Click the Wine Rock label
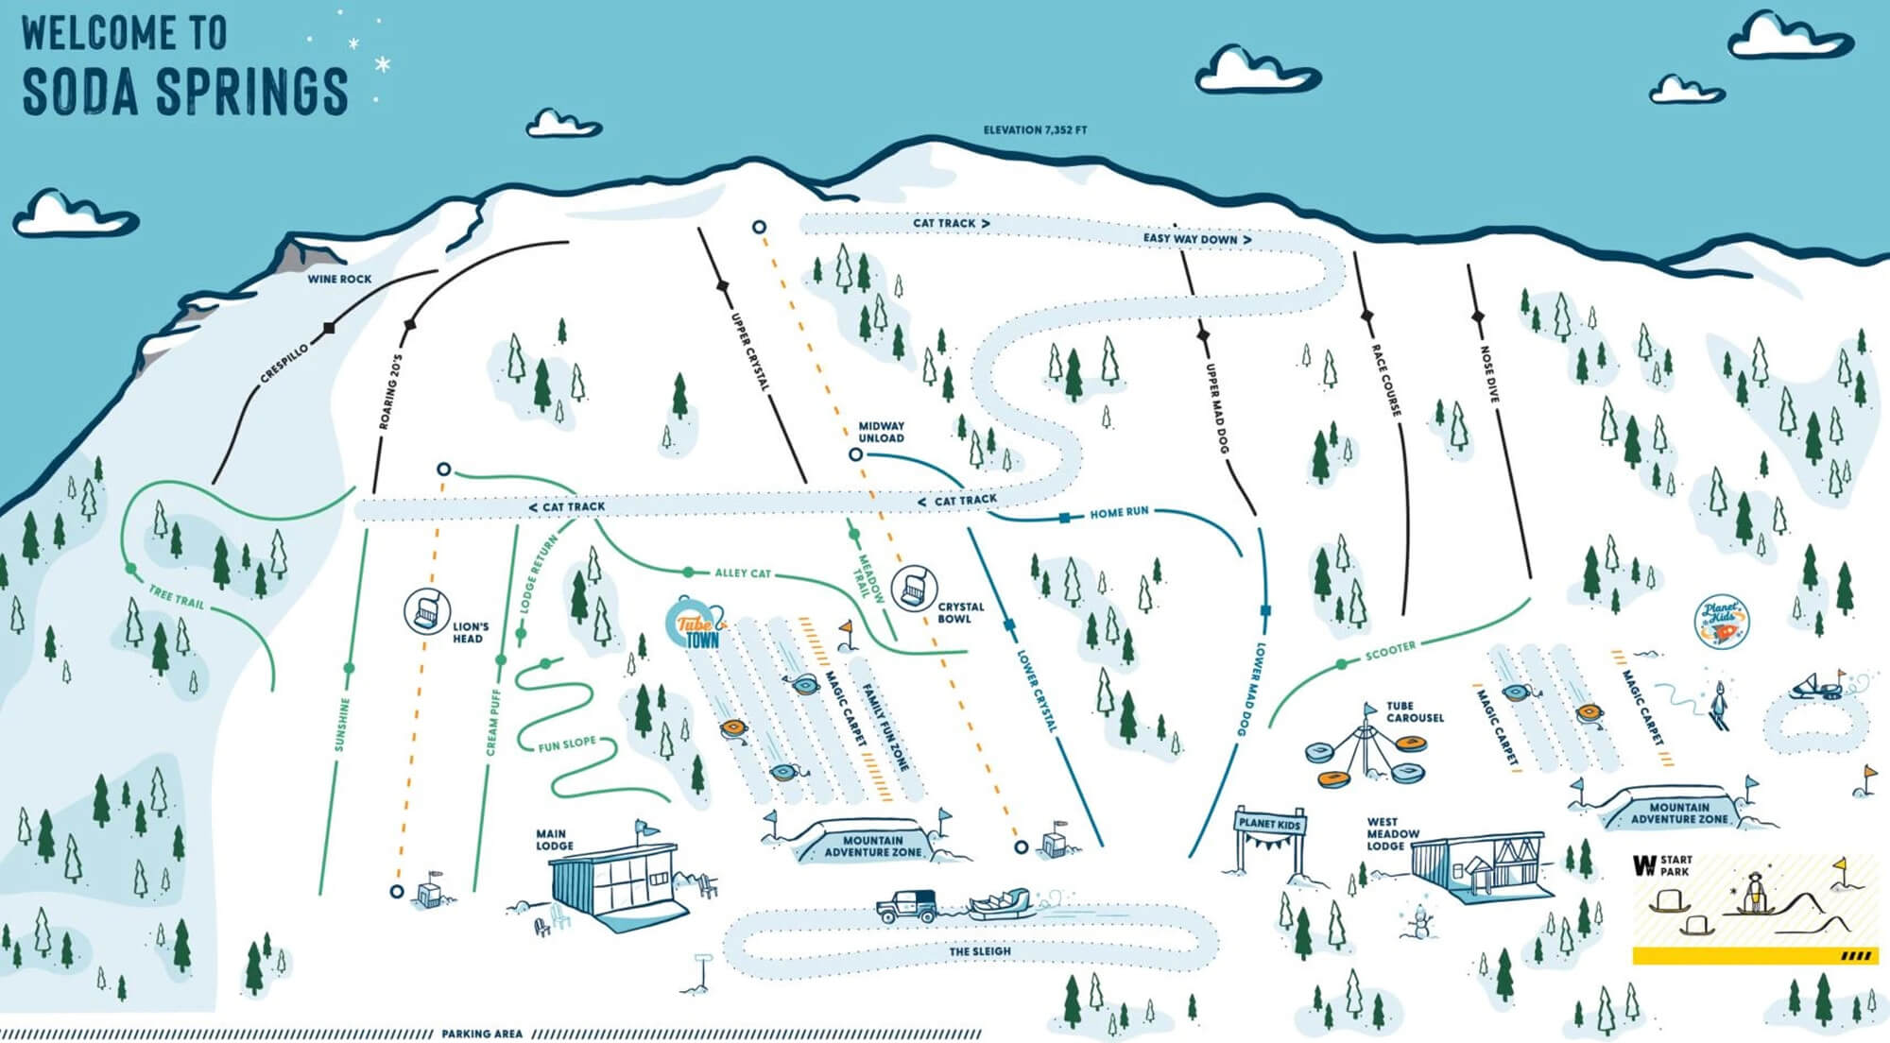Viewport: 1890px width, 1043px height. tap(339, 279)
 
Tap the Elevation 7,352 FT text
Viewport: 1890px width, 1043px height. tap(1035, 129)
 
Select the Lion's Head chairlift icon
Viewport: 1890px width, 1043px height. tap(426, 610)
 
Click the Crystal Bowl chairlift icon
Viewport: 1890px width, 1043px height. tap(914, 588)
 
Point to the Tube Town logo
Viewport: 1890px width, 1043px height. tap(697, 624)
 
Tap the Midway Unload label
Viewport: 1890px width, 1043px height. tap(881, 432)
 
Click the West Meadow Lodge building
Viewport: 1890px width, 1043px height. tap(1479, 864)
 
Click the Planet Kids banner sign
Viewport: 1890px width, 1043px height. tap(1270, 823)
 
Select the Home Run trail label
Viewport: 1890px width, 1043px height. tap(1119, 512)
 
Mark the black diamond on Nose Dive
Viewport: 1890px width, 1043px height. tap(1478, 316)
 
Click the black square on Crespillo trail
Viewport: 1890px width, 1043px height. tap(329, 328)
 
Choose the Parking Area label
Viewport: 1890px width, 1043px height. tap(482, 1034)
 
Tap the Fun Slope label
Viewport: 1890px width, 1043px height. tap(567, 744)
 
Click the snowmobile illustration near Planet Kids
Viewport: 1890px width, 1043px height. tap(1817, 685)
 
